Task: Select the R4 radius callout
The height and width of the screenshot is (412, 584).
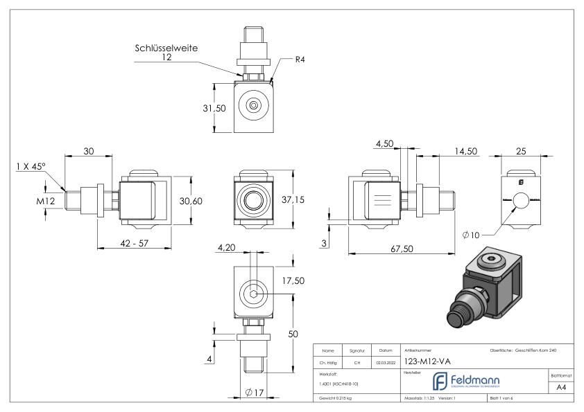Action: [x=300, y=60]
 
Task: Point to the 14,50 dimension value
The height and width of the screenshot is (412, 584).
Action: [x=463, y=152]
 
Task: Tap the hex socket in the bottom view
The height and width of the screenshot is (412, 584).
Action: [x=255, y=294]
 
